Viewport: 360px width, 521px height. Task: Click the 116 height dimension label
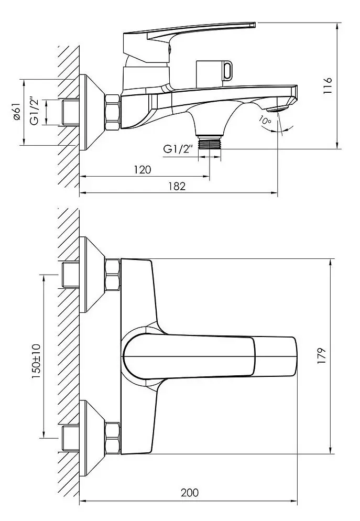[329, 85]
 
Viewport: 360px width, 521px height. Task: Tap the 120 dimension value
[142, 170]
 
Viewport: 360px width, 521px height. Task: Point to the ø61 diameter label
[17, 112]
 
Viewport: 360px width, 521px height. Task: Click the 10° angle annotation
[265, 121]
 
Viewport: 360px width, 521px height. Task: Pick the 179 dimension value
[321, 355]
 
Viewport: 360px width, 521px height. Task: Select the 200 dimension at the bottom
[190, 493]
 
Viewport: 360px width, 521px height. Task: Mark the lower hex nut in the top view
[113, 438]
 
